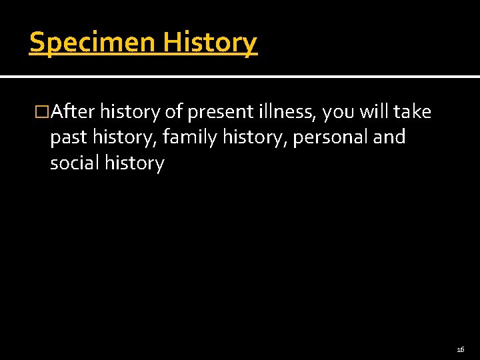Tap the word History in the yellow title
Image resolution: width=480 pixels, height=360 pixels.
click(x=210, y=43)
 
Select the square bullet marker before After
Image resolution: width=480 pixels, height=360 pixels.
click(x=43, y=112)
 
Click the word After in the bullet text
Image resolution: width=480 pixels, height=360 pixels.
click(x=73, y=112)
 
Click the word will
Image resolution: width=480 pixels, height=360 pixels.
click(x=374, y=112)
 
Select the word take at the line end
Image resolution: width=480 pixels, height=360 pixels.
click(x=413, y=112)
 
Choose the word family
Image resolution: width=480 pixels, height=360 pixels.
click(x=187, y=138)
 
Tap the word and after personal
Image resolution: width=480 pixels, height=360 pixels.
click(x=390, y=137)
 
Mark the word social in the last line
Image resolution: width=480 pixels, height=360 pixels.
click(x=75, y=163)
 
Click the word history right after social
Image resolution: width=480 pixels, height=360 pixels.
click(x=134, y=163)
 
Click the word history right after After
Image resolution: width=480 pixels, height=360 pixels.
click(x=130, y=112)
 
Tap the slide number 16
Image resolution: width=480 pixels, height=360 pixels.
click(x=460, y=349)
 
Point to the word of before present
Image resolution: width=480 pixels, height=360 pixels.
click(x=173, y=112)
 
